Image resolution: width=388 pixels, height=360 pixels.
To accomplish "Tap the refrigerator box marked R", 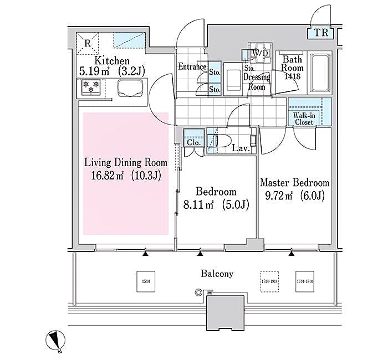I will tap(88, 42).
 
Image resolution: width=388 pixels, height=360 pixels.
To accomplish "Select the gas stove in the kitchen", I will tap(91, 87).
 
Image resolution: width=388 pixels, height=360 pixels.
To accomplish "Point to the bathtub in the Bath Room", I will tap(319, 74).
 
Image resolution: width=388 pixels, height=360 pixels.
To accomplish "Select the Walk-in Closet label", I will tap(303, 118).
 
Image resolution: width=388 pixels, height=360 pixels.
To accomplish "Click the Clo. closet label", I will tap(193, 142).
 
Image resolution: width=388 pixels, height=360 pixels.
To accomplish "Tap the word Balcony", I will tap(217, 274).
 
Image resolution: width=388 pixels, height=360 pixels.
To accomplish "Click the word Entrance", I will tap(192, 67).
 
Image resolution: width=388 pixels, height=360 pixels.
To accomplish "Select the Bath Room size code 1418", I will tap(292, 76).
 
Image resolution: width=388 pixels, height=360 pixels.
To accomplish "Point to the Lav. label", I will tap(241, 148).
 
